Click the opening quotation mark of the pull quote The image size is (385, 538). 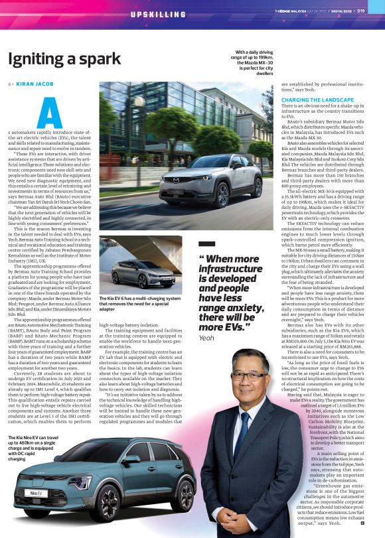pos(203,259)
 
